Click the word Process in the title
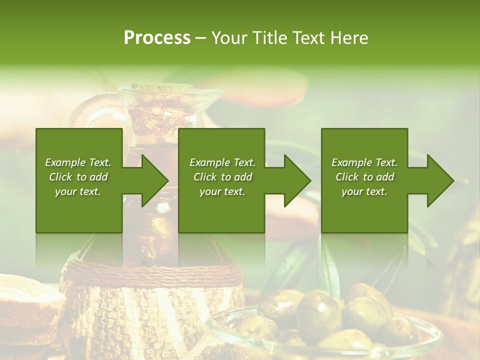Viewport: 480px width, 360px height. tap(157, 38)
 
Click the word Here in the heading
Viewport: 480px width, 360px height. tap(349, 38)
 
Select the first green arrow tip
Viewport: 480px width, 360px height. tap(155, 180)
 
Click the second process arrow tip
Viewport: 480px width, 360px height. tap(298, 180)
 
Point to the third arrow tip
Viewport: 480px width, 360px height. tap(441, 180)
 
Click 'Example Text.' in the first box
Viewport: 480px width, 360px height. tap(78, 162)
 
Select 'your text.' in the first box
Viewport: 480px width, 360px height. tap(78, 191)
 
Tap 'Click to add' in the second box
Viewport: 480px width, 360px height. tap(222, 177)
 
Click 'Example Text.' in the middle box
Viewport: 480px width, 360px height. tap(222, 162)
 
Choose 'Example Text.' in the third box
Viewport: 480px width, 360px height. tap(364, 162)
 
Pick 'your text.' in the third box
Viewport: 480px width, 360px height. tap(364, 191)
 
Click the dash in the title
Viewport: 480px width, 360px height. tap(201, 38)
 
